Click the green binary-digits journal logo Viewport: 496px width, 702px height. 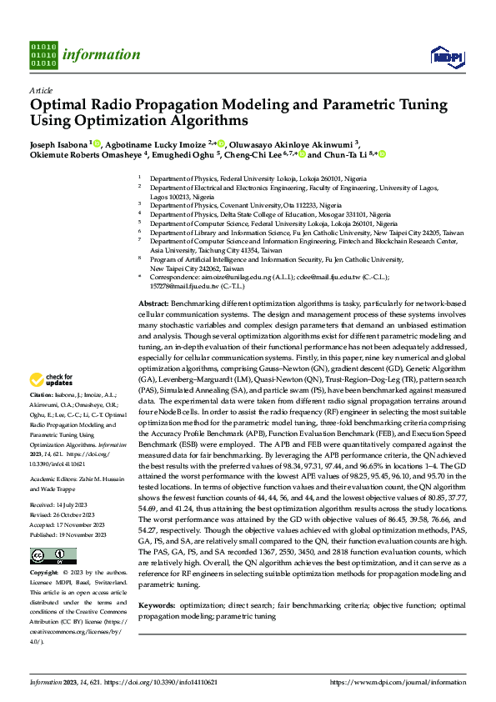click(43, 53)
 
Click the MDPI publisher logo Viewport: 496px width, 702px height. click(446, 56)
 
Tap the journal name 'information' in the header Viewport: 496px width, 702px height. click(101, 55)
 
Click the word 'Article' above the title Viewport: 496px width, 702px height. click(41, 90)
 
